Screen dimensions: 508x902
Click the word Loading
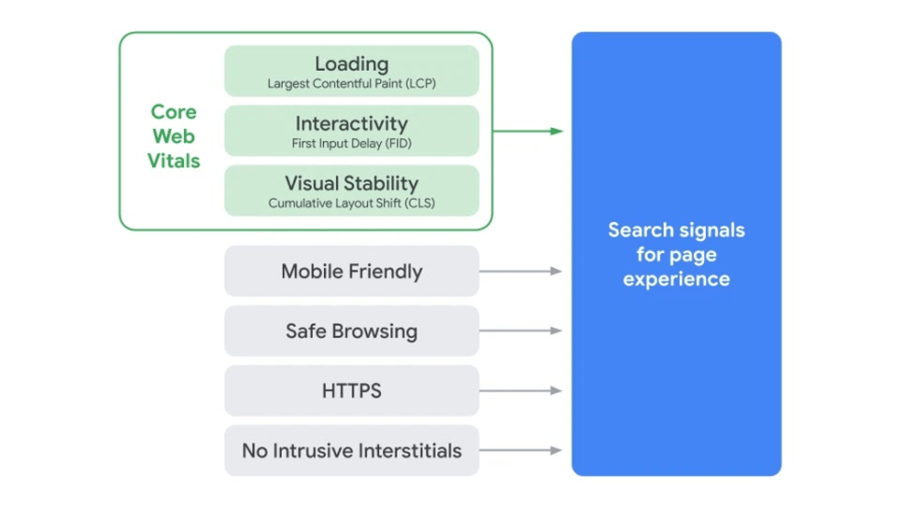point(352,63)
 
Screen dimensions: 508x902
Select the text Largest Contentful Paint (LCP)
point(352,84)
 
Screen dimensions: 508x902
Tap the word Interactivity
point(352,123)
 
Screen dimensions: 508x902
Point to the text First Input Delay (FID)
point(352,144)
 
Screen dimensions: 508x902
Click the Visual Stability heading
point(352,182)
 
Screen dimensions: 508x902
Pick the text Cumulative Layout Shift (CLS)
point(352,202)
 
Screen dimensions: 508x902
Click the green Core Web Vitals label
point(173,136)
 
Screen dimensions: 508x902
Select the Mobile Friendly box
point(352,271)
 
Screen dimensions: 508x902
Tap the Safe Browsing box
point(352,331)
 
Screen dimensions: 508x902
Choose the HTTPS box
point(352,391)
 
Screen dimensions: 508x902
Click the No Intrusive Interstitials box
point(352,451)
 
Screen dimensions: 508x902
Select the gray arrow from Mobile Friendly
point(520,271)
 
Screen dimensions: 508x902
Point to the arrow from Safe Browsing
point(520,331)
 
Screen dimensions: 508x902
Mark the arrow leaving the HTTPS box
point(520,391)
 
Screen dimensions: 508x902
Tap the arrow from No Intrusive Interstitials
point(520,451)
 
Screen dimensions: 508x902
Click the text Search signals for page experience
point(676,254)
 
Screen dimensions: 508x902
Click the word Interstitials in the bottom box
point(410,451)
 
